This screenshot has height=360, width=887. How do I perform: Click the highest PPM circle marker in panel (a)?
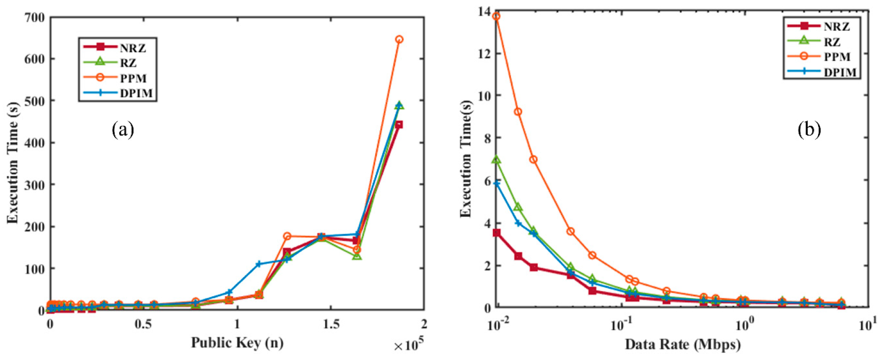[399, 39]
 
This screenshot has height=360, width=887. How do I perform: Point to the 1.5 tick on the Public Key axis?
[331, 324]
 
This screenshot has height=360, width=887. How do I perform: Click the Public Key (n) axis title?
[237, 343]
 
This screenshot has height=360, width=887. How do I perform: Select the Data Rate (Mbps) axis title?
[682, 344]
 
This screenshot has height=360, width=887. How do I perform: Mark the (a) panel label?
[123, 129]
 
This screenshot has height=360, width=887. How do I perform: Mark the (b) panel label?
[809, 129]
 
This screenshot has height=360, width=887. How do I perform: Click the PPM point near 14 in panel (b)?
[496, 17]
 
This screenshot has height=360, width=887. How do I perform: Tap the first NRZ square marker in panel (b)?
[496, 233]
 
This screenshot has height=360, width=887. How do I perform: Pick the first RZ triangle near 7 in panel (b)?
[496, 160]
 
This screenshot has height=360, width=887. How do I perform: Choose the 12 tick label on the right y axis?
[483, 53]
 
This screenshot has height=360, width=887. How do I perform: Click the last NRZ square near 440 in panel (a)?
[399, 125]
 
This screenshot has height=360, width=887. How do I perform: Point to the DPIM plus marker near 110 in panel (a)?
[259, 264]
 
